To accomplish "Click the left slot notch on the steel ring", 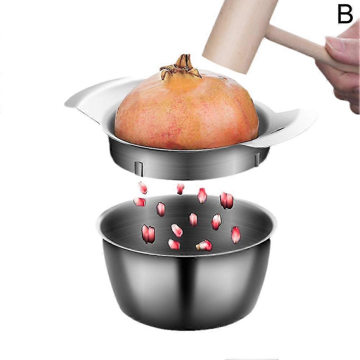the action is click(138, 167).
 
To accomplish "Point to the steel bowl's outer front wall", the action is click(186, 289).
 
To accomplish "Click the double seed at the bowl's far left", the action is click(148, 234).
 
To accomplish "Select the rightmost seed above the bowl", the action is click(236, 234).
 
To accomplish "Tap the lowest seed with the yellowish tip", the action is click(204, 245).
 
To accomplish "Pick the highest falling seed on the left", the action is click(143, 188).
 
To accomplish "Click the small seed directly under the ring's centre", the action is click(181, 189).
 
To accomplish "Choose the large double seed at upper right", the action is click(227, 201).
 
